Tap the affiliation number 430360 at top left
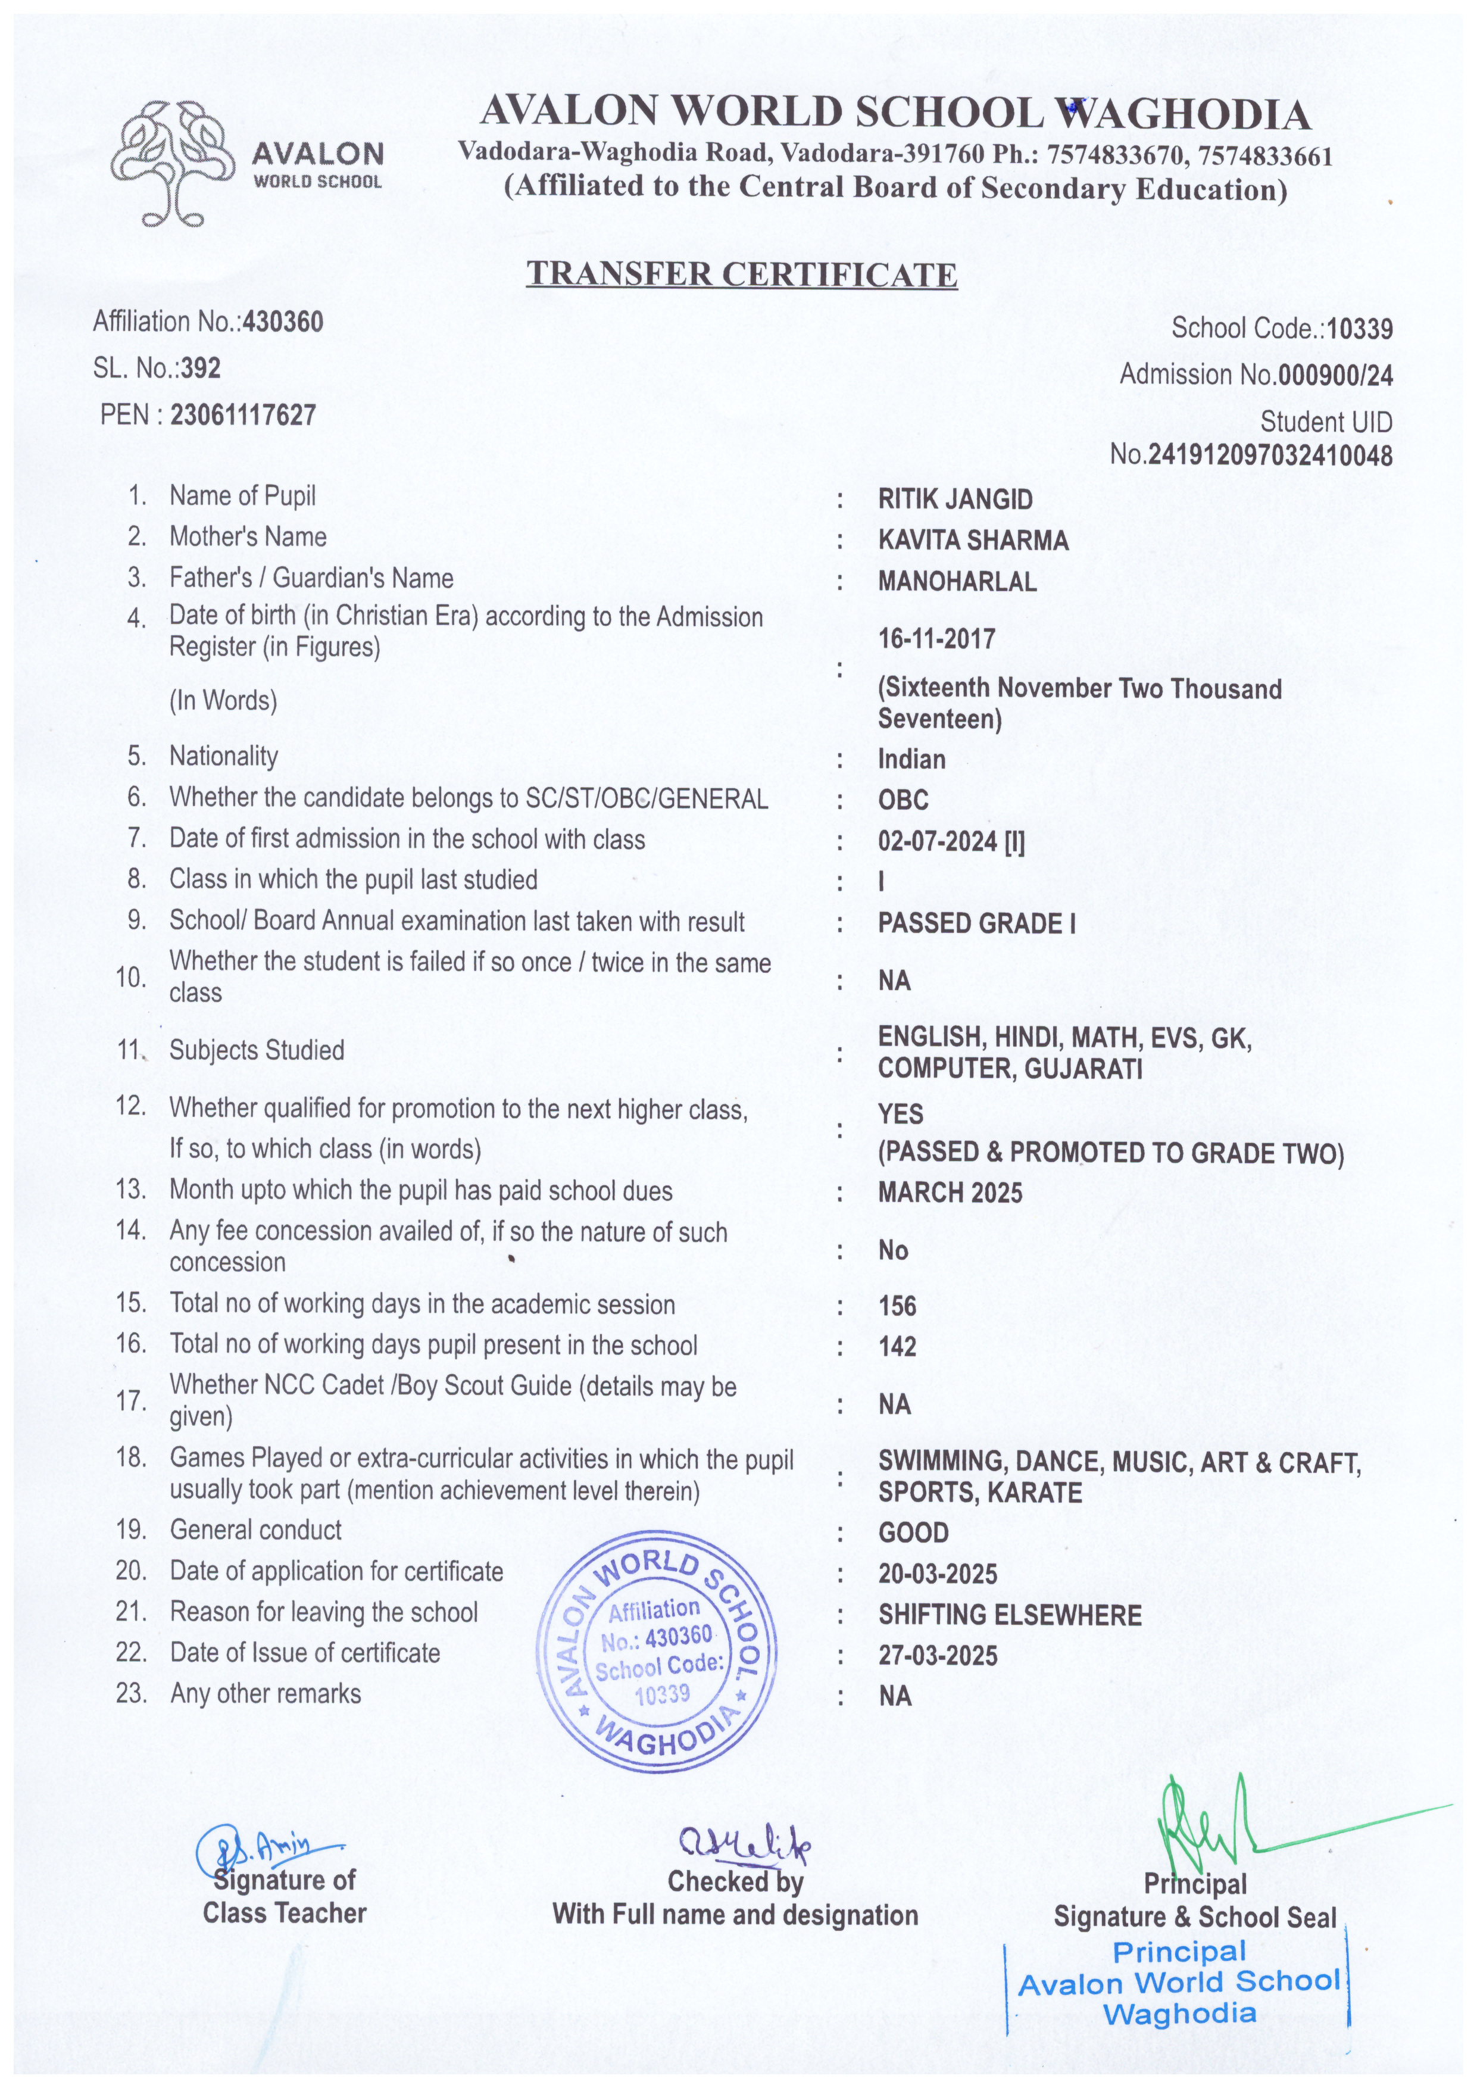tap(282, 322)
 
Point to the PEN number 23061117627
tap(243, 416)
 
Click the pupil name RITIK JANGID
tap(955, 500)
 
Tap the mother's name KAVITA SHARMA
tap(973, 540)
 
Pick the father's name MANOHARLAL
tap(957, 582)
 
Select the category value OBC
tap(903, 800)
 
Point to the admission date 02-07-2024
tap(937, 842)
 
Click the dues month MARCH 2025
tap(950, 1192)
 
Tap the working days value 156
tap(897, 1306)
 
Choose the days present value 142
tap(897, 1347)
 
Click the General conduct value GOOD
tap(913, 1533)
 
